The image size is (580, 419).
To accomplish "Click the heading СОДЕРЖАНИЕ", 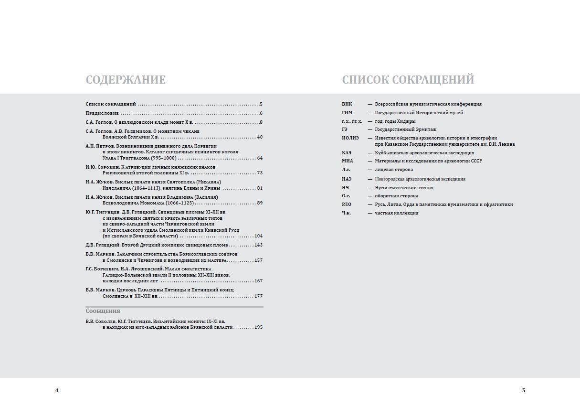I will tap(126, 80).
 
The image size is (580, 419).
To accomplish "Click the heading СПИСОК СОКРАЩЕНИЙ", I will tap(408, 80).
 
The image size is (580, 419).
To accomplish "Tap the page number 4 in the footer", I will tap(57, 390).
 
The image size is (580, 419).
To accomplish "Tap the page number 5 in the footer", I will tap(524, 390).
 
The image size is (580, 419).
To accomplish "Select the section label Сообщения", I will tap(103, 311).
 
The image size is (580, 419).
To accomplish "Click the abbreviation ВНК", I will tap(347, 104).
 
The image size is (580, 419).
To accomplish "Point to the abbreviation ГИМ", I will tap(347, 113).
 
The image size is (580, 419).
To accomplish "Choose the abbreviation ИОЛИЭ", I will tap(350, 138).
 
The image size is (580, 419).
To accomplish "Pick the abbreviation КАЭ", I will tap(347, 153).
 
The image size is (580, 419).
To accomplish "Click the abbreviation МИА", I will tap(347, 161).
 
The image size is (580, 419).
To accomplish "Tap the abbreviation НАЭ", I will tap(347, 179).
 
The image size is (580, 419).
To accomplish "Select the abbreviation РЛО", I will tap(347, 204).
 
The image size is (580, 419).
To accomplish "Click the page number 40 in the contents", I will tap(260, 137).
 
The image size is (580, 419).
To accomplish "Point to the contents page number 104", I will tap(259, 236).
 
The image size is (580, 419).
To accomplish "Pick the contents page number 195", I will tap(259, 327).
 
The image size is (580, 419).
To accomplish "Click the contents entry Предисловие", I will tap(102, 113).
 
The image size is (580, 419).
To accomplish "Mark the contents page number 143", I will tap(259, 245).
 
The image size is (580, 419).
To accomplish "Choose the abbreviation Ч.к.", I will tap(346, 213).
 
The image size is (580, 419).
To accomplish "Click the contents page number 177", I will tap(259, 296).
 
